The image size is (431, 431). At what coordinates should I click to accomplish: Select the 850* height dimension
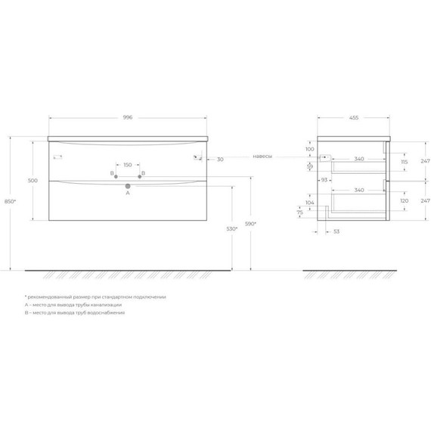[8, 203]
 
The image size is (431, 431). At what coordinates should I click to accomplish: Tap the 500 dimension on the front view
[33, 181]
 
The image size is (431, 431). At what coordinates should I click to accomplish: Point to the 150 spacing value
[127, 165]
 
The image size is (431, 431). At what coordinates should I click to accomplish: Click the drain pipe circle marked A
[128, 185]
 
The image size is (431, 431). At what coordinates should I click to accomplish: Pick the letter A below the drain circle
[128, 194]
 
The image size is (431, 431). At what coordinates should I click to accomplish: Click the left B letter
[112, 175]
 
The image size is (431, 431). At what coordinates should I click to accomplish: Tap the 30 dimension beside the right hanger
[219, 160]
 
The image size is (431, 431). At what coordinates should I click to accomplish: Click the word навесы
[262, 157]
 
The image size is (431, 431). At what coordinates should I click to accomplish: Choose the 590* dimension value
[251, 224]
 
